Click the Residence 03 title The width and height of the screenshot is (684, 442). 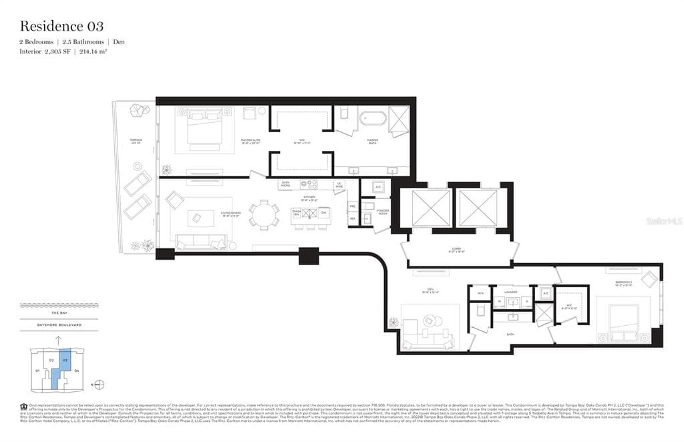tap(61, 27)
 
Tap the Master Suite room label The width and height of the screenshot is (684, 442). tap(250, 141)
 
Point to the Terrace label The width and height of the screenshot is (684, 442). tap(136, 141)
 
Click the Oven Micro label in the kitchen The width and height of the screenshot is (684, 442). tap(285, 184)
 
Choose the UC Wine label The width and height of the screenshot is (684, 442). tap(339, 184)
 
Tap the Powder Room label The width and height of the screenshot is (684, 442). tap(383, 212)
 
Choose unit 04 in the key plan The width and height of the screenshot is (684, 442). tap(77, 369)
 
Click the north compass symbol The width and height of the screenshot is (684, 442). tap(100, 384)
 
